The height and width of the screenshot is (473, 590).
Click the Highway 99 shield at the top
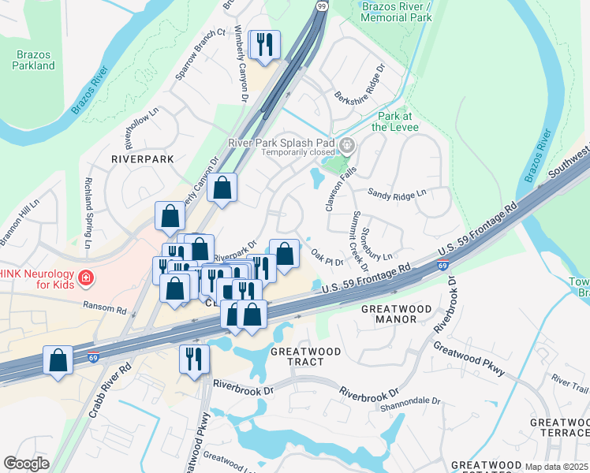322,6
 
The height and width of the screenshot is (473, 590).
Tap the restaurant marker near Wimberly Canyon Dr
264,44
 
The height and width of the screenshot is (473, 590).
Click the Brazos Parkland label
33,60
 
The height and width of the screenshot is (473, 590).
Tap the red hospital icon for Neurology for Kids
85,278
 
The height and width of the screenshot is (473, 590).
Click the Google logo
26,463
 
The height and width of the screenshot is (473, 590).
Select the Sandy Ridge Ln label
397,192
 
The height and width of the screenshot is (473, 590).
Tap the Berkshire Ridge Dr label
357,80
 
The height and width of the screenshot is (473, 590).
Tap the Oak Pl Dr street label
327,258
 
